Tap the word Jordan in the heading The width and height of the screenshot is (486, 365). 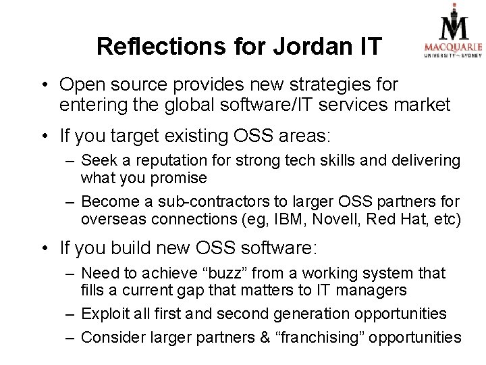pos(302,47)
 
